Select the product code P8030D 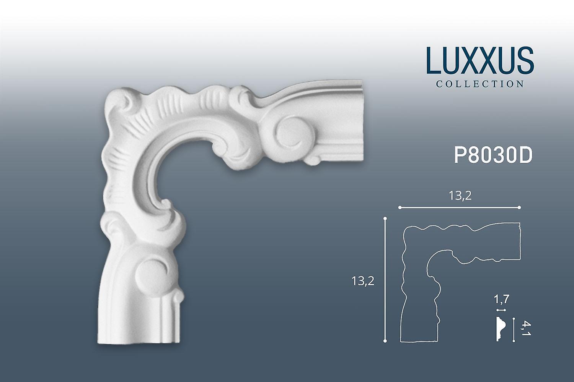point(493,155)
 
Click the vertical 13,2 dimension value point(363,281)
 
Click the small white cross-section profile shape point(501,329)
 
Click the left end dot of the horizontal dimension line point(400,207)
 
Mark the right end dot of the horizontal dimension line point(519,207)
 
